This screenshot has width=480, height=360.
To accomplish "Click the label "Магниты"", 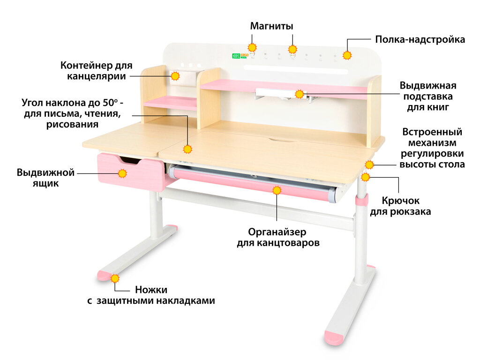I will tap(271, 26).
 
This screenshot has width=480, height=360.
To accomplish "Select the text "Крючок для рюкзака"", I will tap(401, 206).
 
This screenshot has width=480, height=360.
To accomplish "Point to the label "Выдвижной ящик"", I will tap(45, 178).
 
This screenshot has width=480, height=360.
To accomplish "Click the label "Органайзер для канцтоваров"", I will tap(278, 238).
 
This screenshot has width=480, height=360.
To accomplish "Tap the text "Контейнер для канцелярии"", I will tap(97, 70).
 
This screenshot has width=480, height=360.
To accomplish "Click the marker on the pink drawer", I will tap(122, 173).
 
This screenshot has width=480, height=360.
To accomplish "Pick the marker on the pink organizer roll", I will tap(277, 190).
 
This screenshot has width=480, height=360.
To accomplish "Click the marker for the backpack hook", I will tap(366, 177).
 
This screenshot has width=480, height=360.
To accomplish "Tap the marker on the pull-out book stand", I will tap(300, 94).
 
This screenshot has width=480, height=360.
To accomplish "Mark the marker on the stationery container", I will tap(175, 76).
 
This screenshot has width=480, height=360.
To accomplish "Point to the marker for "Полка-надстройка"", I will tap(347, 55).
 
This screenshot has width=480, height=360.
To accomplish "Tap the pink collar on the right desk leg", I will tap(361, 201).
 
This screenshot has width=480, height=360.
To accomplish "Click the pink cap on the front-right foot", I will tap(334, 337).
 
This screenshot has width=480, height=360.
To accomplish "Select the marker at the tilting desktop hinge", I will tap(188, 150).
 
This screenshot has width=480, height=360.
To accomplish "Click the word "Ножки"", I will tap(151, 290).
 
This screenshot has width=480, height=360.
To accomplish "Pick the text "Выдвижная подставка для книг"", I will tap(427, 97).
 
